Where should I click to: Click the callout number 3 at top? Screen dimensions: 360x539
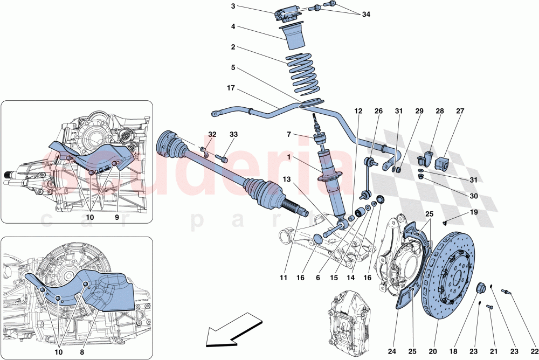click(233, 6)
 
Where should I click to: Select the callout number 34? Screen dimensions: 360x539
click(366, 15)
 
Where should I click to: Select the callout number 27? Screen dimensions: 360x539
click(460, 112)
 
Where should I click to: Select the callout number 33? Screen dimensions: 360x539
click(233, 134)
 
